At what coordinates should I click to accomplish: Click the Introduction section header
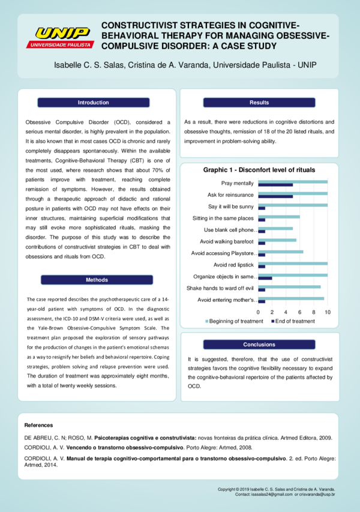pyautogui.click(x=94, y=103)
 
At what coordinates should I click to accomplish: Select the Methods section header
pyautogui.click(x=97, y=280)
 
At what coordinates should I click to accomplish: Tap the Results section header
pyautogui.click(x=259, y=103)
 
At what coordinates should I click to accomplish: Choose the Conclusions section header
pyautogui.click(x=259, y=345)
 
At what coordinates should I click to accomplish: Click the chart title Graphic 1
pyautogui.click(x=259, y=170)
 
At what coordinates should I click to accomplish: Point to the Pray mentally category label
pyautogui.click(x=237, y=183)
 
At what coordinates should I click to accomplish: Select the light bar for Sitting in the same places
pyautogui.click(x=279, y=217)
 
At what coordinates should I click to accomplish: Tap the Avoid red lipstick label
pyautogui.click(x=233, y=265)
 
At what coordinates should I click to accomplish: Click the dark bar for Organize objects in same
pyautogui.click(x=265, y=279)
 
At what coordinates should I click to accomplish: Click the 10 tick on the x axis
pyautogui.click(x=327, y=312)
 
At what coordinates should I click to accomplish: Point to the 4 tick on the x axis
pyautogui.click(x=286, y=312)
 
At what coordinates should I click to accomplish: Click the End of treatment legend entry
pyautogui.click(x=292, y=322)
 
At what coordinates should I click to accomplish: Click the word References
pyautogui.click(x=38, y=425)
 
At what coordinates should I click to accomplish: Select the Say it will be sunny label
pyautogui.click(x=231, y=206)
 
